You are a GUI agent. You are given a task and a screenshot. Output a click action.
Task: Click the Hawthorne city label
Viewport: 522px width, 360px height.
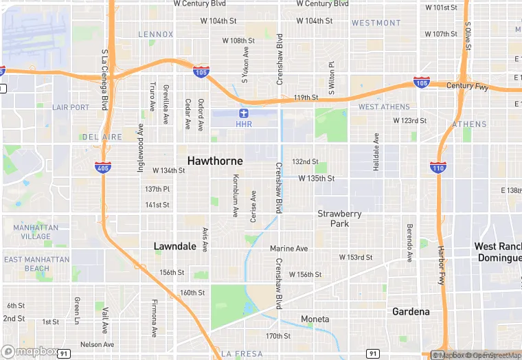[215, 160]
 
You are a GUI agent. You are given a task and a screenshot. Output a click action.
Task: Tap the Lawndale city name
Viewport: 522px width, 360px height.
[174, 246]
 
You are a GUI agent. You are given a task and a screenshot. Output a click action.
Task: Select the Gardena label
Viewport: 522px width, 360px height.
[411, 311]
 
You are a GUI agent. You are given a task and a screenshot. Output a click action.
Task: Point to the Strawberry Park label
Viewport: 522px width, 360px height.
[339, 218]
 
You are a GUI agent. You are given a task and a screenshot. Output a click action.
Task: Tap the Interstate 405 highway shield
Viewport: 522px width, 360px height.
[102, 167]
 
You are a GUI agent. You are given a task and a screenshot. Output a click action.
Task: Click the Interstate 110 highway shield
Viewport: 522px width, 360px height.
[436, 167]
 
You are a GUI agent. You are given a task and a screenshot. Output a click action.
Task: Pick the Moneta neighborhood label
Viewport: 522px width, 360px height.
[315, 319]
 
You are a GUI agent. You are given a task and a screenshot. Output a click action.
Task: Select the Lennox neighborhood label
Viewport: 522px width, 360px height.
[156, 34]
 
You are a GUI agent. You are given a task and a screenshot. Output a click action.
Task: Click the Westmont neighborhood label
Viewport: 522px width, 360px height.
[376, 23]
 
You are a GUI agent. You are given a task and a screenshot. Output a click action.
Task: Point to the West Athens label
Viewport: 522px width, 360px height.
[384, 107]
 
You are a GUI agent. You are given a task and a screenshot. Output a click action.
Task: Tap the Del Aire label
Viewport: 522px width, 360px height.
[102, 137]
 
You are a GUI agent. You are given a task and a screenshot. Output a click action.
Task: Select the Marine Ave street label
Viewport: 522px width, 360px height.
[288, 248]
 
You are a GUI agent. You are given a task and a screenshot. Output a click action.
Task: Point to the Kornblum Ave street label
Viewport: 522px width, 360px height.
[235, 196]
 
